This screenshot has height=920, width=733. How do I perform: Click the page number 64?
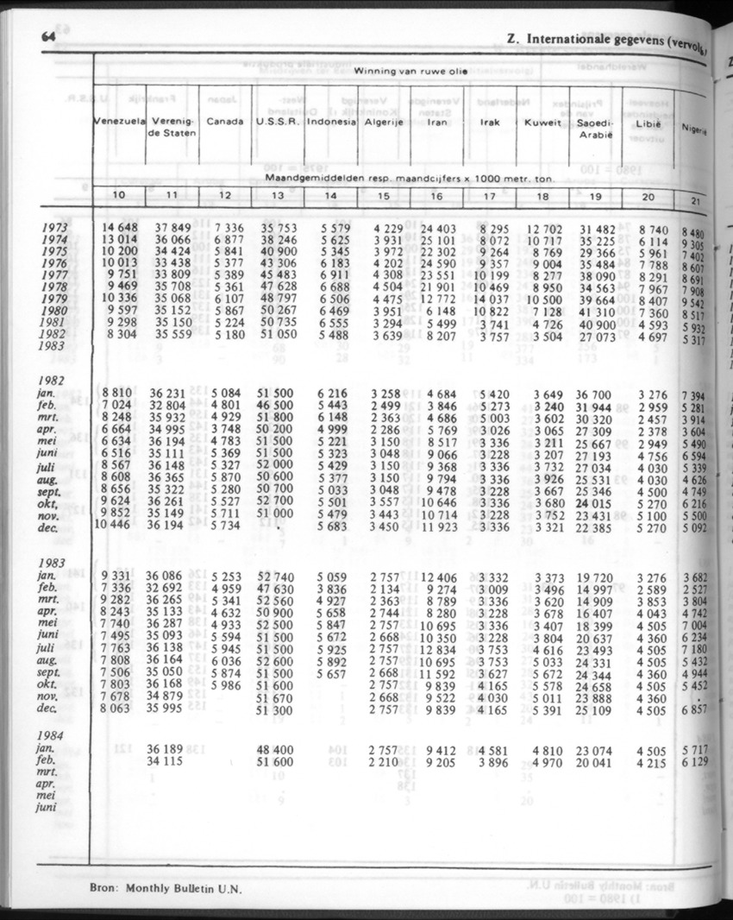coord(47,37)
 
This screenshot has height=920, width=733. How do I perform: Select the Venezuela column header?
coord(119,122)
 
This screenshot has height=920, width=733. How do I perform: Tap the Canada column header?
coord(224,122)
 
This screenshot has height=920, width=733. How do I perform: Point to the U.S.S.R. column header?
coord(277,122)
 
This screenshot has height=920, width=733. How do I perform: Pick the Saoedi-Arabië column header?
coord(594,129)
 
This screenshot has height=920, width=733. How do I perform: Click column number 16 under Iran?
coord(436,196)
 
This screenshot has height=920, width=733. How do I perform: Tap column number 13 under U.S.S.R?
coord(278,195)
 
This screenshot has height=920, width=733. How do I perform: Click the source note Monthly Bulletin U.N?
coord(185,888)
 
